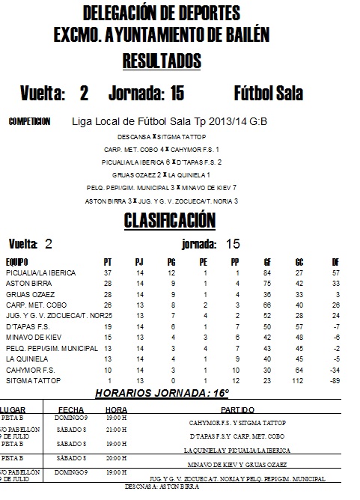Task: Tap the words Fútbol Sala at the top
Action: coord(268,94)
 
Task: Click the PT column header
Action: coord(108,262)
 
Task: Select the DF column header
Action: coord(335,262)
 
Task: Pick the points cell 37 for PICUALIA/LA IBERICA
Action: coord(108,273)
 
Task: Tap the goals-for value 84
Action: coord(266,273)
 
